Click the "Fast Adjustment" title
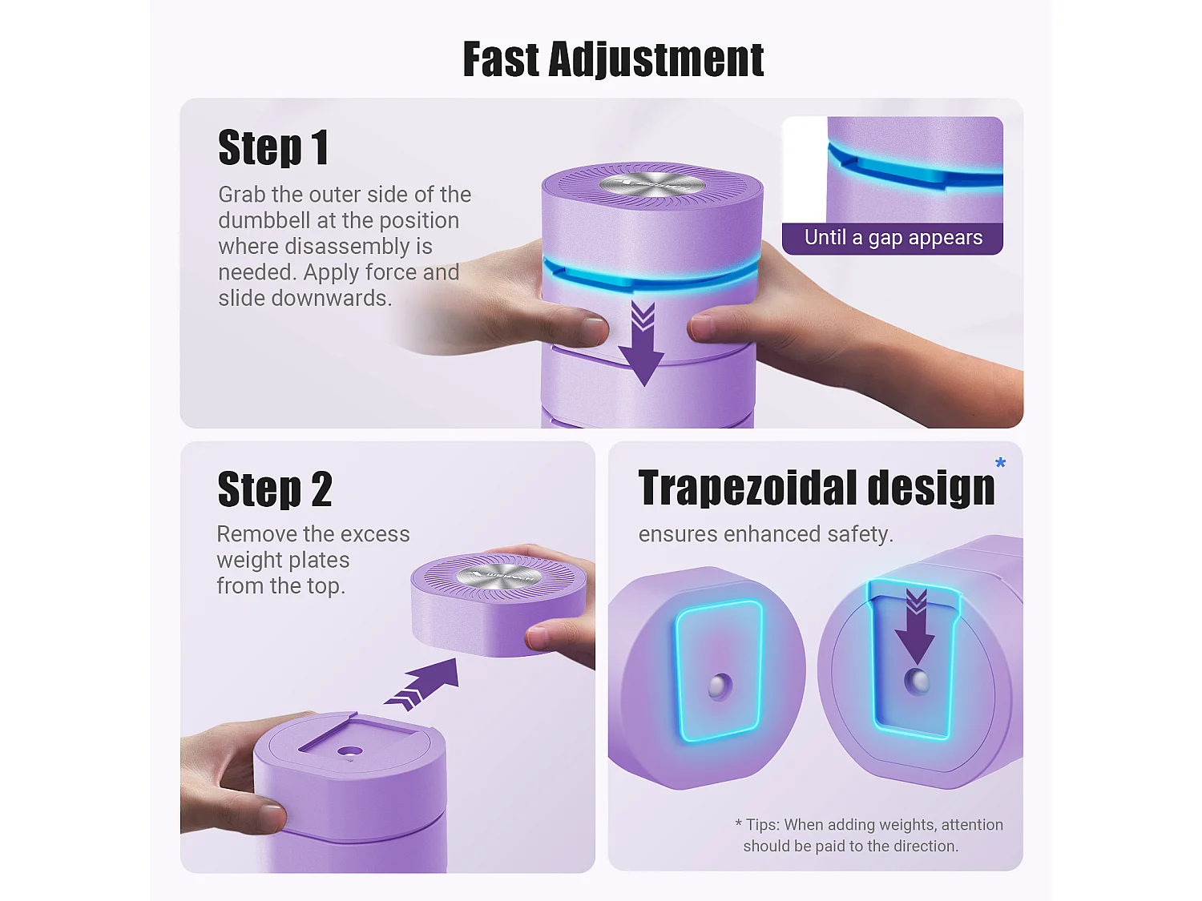pos(613,60)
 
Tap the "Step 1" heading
pos(273,147)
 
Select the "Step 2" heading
pos(275,489)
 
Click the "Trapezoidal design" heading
pos(817,488)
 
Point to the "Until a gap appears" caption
pos(893,237)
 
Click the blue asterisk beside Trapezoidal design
pos(1001,463)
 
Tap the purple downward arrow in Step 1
pos(643,344)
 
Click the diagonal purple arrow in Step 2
pos(422,684)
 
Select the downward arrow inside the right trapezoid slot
pos(916,627)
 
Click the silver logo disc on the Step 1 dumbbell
pos(652,184)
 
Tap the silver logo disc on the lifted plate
pos(499,577)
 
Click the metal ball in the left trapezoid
pos(720,687)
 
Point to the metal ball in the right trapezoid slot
pos(916,682)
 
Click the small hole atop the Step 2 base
pos(350,752)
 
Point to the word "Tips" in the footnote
pos(763,824)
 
